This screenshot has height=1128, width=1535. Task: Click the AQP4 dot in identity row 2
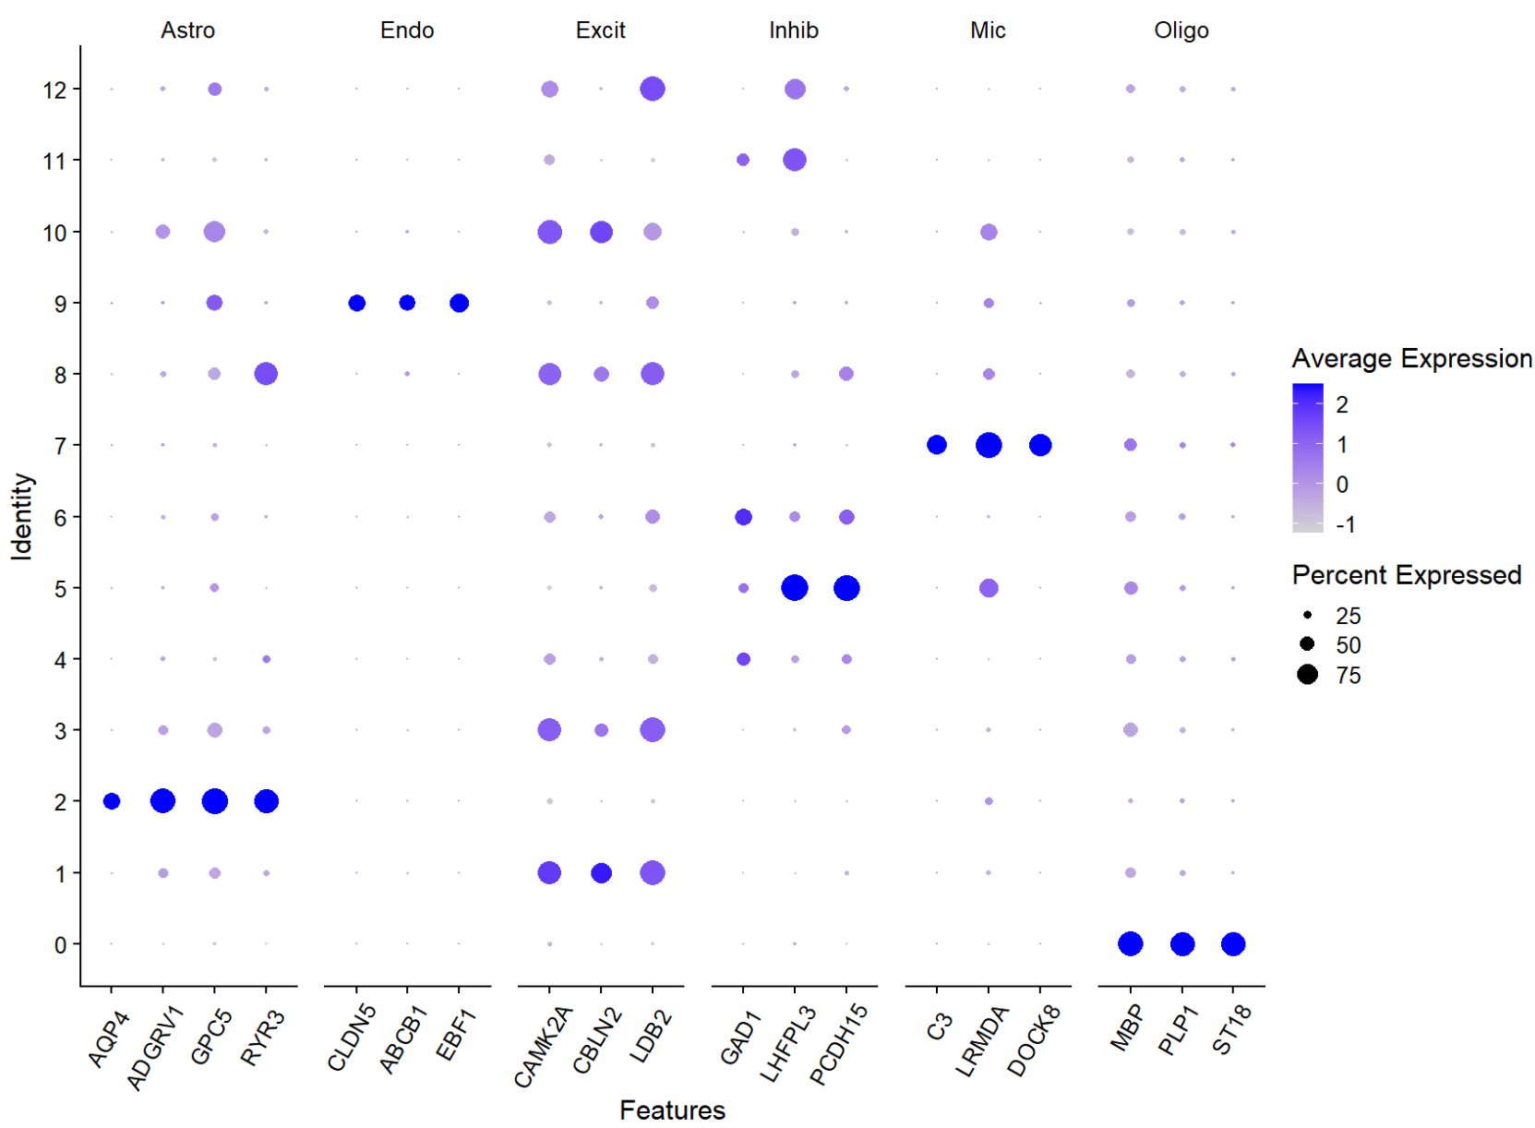pyautogui.click(x=112, y=801)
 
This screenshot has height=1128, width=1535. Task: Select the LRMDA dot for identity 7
pyautogui.click(x=989, y=445)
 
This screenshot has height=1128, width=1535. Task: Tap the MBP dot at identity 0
pyautogui.click(x=1131, y=943)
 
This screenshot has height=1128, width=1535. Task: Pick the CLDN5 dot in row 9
pyautogui.click(x=357, y=303)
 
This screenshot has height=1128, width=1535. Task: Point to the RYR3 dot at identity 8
pyautogui.click(x=266, y=374)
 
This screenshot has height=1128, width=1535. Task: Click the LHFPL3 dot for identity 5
pyautogui.click(x=795, y=588)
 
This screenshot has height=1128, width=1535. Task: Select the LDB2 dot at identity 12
pyautogui.click(x=653, y=90)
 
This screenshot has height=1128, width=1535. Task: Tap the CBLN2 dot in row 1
pyautogui.click(x=601, y=872)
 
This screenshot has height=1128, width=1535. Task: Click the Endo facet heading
pyautogui.click(x=407, y=30)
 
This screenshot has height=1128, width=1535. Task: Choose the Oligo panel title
pyautogui.click(x=1181, y=30)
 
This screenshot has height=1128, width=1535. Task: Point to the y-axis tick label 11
pyautogui.click(x=54, y=161)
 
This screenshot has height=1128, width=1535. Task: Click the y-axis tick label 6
pyautogui.click(x=60, y=517)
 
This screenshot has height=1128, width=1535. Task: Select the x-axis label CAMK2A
pyautogui.click(x=545, y=1048)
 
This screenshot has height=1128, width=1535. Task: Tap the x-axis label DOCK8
pyautogui.click(x=1034, y=1041)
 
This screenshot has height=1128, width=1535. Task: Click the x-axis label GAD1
pyautogui.click(x=740, y=1037)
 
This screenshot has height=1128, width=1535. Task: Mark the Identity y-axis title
pyautogui.click(x=22, y=517)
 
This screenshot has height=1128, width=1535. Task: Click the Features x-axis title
pyautogui.click(x=672, y=1110)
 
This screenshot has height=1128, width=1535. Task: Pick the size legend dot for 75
pyautogui.click(x=1307, y=675)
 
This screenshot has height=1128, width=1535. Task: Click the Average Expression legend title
pyautogui.click(x=1411, y=358)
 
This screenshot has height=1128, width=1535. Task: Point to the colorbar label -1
pyautogui.click(x=1345, y=524)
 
